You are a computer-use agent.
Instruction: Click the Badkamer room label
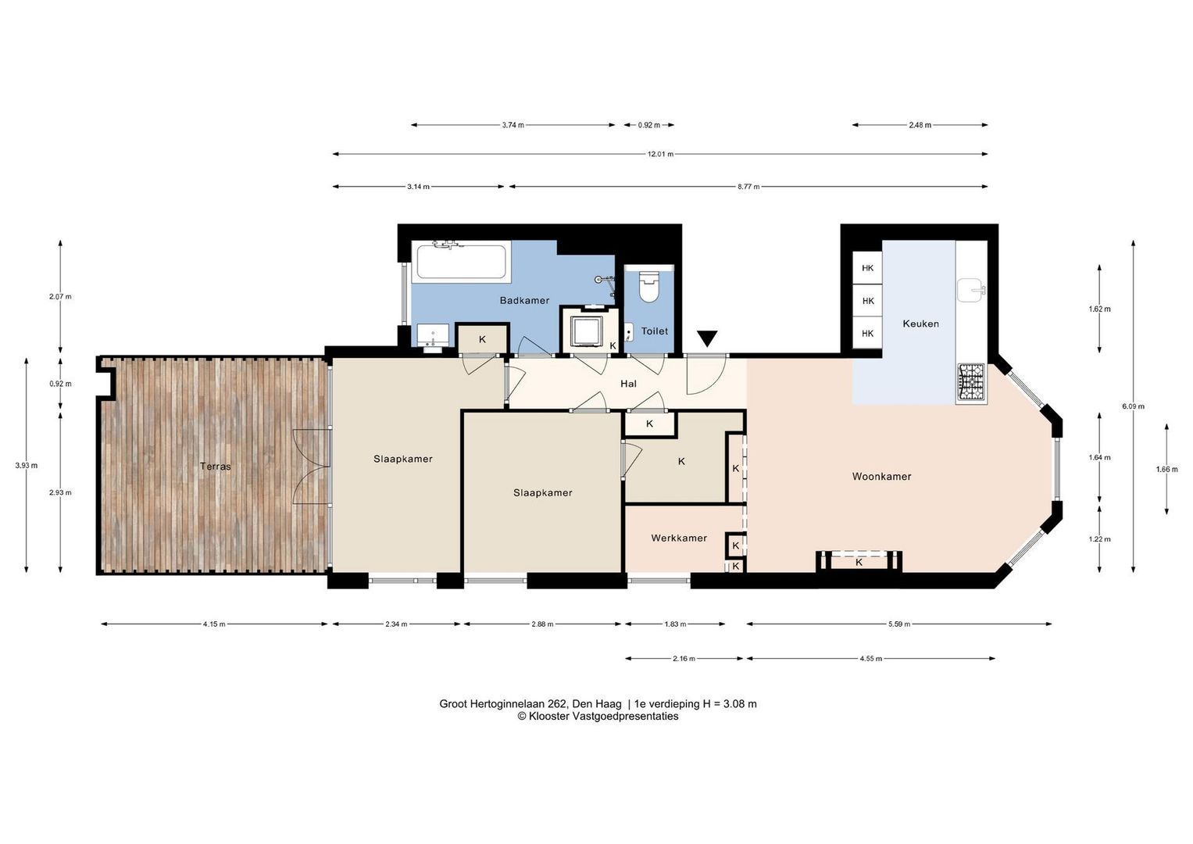click(524, 301)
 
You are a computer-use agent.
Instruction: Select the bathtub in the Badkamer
click(461, 260)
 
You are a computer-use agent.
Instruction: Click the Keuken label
click(920, 324)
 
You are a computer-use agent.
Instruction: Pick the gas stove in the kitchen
click(972, 382)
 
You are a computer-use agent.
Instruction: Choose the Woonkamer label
click(881, 477)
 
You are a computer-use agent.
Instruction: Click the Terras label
click(215, 467)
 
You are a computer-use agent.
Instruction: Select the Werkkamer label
click(678, 538)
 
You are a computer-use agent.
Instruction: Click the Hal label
click(628, 384)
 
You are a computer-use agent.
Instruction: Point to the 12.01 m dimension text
click(660, 155)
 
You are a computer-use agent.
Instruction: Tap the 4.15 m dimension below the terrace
click(214, 624)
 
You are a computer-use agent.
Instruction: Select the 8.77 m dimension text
click(748, 187)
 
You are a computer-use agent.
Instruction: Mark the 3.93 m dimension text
click(27, 465)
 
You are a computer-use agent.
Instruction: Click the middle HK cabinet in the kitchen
click(867, 301)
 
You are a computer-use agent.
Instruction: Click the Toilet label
click(654, 331)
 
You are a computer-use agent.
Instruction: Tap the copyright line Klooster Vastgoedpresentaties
click(598, 716)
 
